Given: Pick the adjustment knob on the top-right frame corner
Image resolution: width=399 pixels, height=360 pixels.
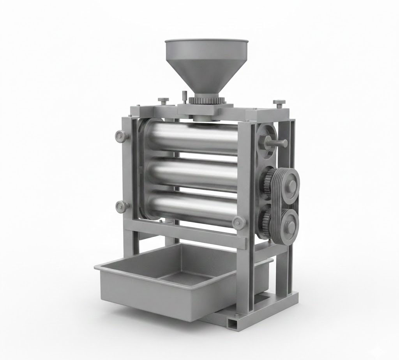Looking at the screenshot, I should coord(279,104).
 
